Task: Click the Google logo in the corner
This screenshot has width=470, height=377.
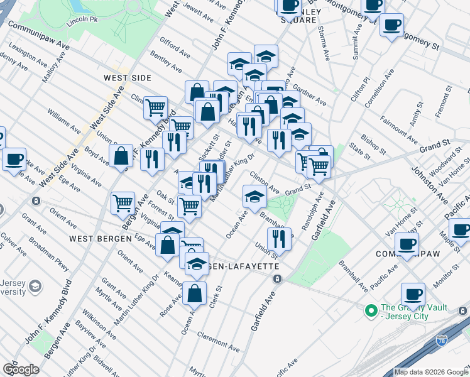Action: click(x=21, y=369)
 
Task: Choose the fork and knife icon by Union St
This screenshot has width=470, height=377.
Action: click(x=278, y=239)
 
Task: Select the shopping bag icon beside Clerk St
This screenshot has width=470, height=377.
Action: click(x=195, y=293)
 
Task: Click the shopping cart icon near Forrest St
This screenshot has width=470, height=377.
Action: click(x=189, y=205)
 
